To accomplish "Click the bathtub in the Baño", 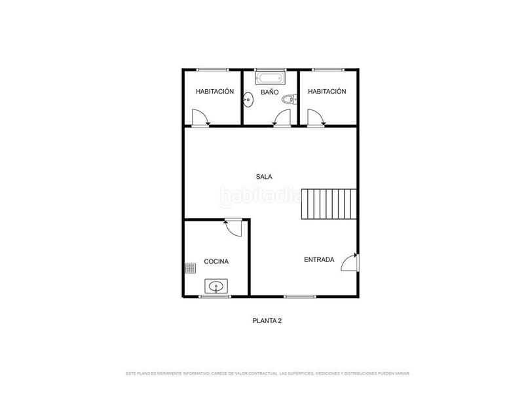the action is (271, 77).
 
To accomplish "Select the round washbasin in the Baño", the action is (248, 100).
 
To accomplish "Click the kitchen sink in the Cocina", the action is (216, 286).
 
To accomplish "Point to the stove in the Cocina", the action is (190, 269).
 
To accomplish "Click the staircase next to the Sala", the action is (329, 204).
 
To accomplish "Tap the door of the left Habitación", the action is (200, 119).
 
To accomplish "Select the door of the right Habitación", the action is (316, 119).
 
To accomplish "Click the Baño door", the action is (282, 119).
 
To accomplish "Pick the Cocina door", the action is (233, 227).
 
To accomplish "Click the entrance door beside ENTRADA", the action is (350, 263).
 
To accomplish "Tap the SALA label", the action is (264, 177).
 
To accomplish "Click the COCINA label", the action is (216, 261).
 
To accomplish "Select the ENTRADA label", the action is (319, 259).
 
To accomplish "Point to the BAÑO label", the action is (270, 92).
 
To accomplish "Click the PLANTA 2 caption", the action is (267, 321).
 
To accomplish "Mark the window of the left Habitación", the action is (212, 70).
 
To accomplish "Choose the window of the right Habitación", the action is (328, 70).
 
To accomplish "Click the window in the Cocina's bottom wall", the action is (215, 297).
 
